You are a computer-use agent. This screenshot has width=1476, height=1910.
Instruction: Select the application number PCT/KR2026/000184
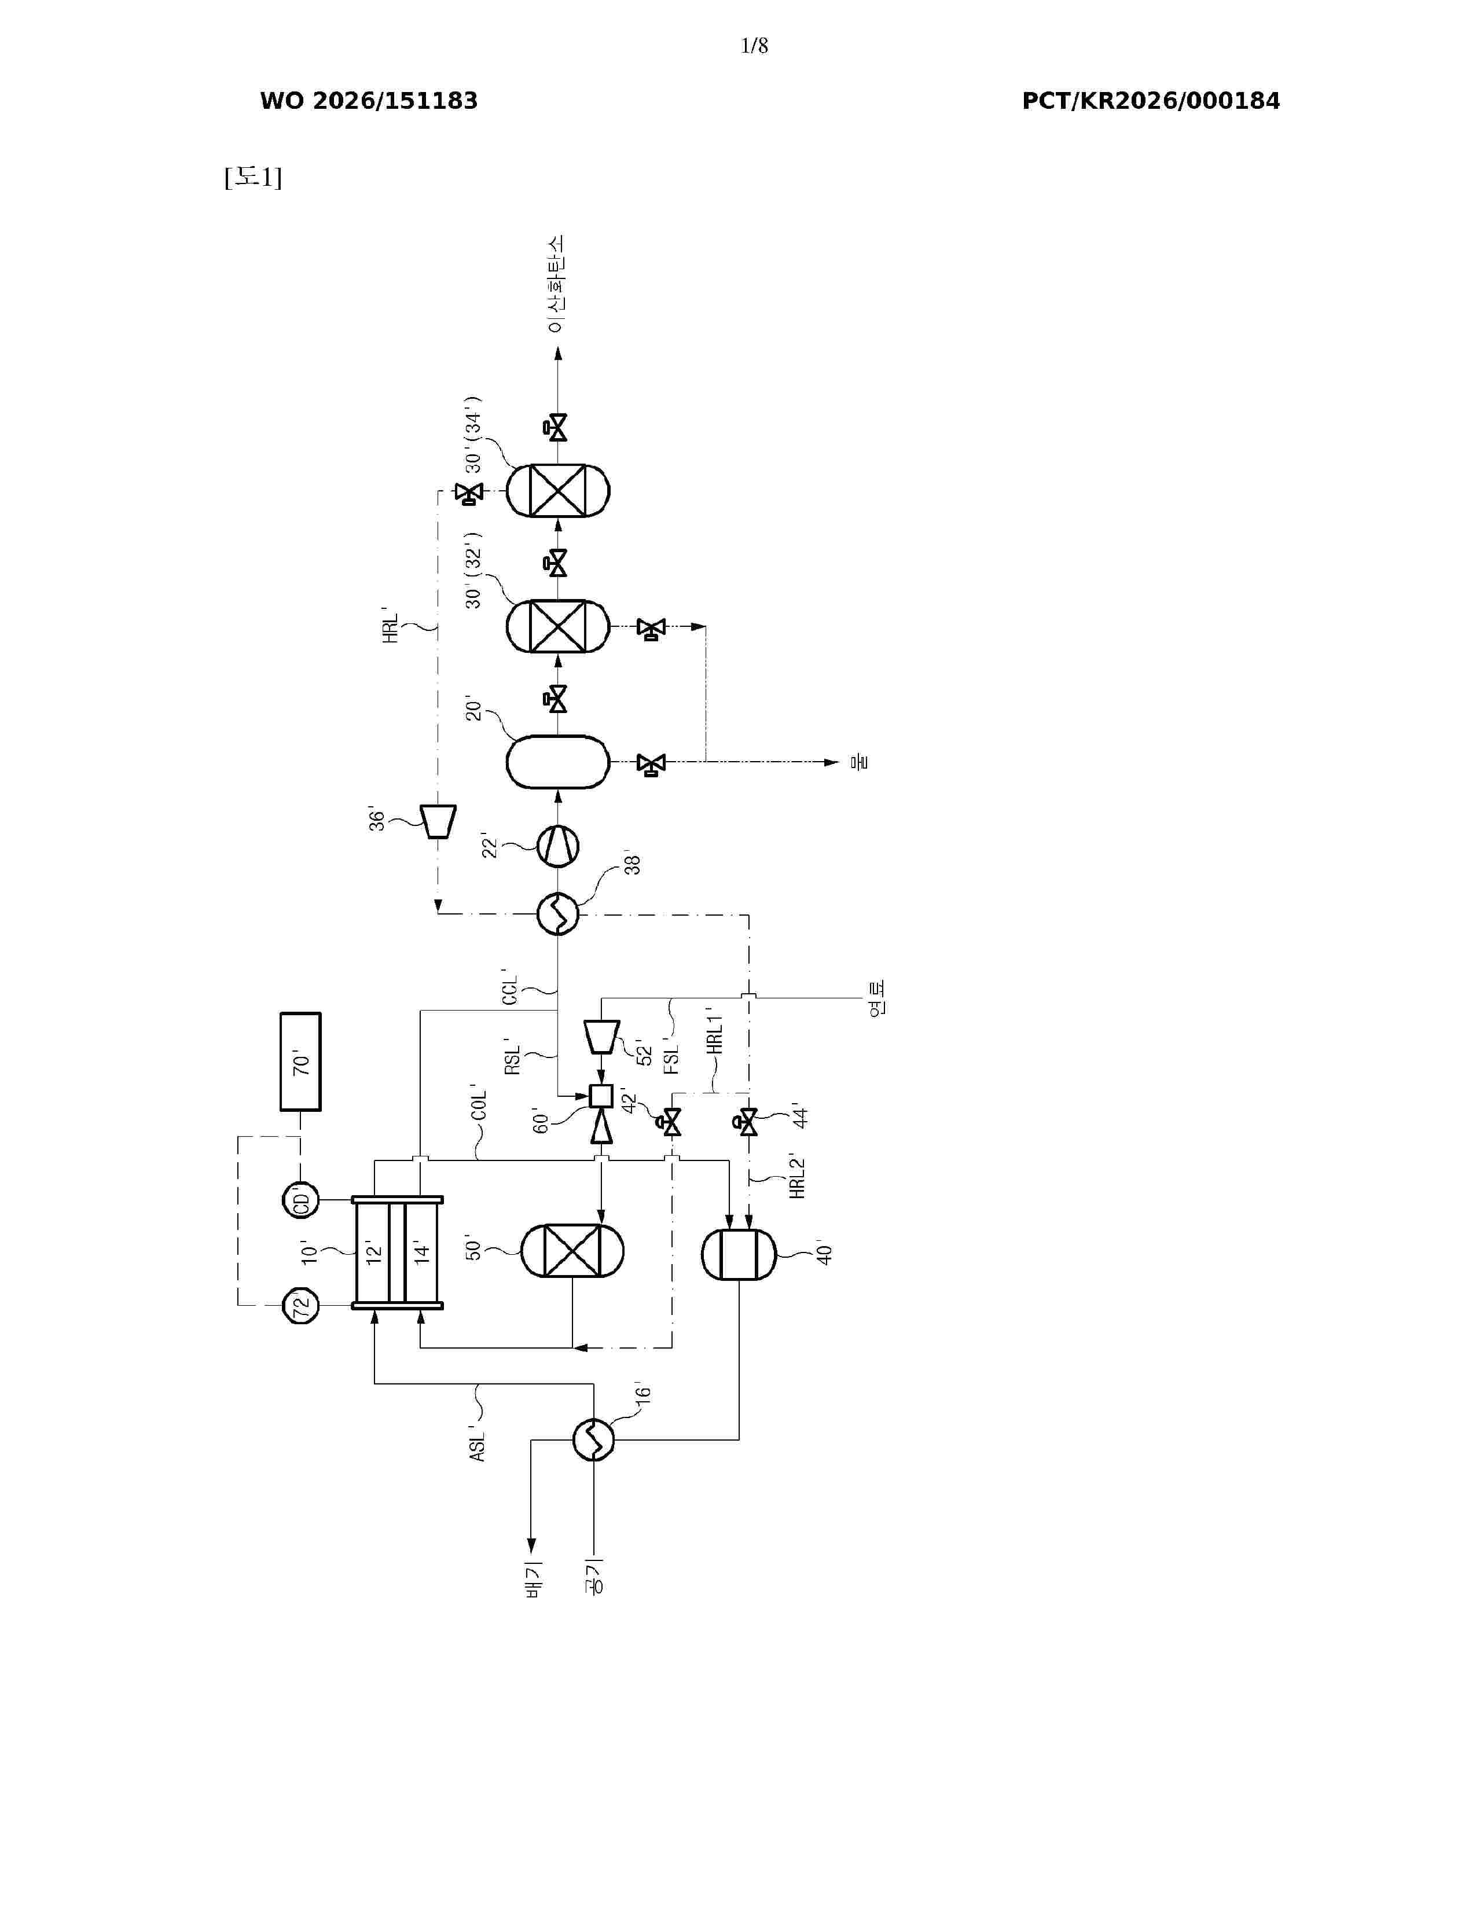point(1151,101)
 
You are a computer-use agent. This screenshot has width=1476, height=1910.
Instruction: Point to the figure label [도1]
point(253,178)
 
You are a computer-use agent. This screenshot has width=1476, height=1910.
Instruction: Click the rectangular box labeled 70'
point(300,1061)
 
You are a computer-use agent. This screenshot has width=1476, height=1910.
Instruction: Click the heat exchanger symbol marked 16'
point(594,1439)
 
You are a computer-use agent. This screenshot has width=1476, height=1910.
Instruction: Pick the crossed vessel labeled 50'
point(572,1251)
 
